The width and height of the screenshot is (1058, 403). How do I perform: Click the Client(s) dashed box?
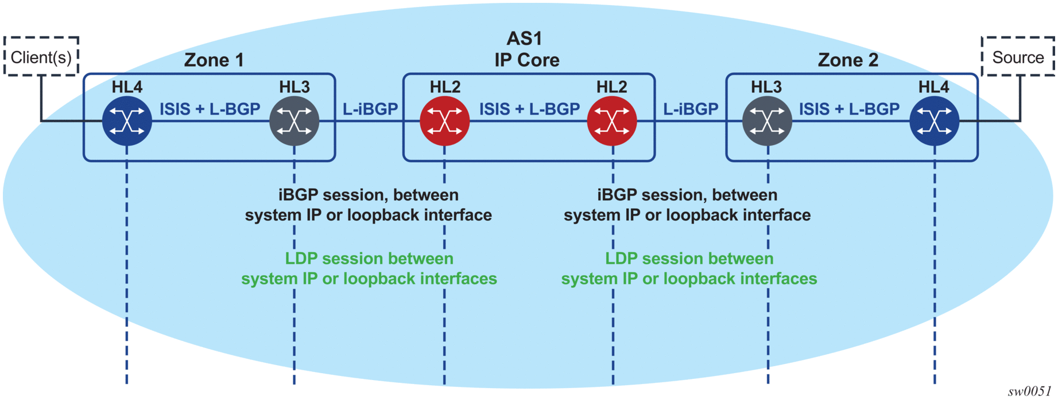click(x=41, y=57)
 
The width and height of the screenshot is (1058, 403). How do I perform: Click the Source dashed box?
click(x=1018, y=57)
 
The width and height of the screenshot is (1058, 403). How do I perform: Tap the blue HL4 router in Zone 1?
click(x=127, y=121)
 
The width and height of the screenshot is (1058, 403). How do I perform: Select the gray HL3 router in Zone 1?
click(x=294, y=121)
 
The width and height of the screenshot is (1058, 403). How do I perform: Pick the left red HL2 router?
click(x=445, y=121)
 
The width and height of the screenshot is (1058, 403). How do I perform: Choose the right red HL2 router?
click(x=612, y=121)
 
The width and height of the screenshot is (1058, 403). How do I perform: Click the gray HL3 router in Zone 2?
click(x=768, y=121)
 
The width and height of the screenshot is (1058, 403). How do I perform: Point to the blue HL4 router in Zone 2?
click(x=935, y=121)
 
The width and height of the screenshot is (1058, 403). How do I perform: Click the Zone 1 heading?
click(x=214, y=60)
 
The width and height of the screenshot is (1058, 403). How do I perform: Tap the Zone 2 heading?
click(x=848, y=60)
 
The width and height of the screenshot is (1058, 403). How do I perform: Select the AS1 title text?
click(x=524, y=38)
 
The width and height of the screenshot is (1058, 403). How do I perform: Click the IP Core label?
click(x=527, y=60)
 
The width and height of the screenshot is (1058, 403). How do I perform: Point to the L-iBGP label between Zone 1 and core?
click(x=370, y=109)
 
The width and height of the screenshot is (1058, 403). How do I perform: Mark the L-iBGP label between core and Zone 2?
click(x=691, y=109)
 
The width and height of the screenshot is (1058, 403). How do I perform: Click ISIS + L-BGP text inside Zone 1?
click(x=210, y=109)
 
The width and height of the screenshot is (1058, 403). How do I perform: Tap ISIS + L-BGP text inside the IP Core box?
click(x=529, y=109)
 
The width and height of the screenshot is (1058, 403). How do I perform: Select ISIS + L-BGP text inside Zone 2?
click(x=849, y=109)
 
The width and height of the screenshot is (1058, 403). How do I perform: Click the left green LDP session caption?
click(x=369, y=268)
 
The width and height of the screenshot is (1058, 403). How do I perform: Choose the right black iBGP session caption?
click(x=687, y=205)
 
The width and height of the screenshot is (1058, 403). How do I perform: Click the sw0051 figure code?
click(x=1029, y=391)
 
